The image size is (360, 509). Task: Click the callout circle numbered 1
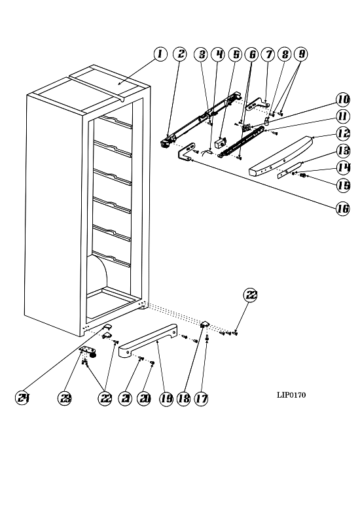click(160, 54)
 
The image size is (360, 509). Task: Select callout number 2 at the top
click(180, 54)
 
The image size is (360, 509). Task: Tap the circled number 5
click(235, 54)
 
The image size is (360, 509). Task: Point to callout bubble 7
click(268, 54)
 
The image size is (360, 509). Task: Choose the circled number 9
click(301, 54)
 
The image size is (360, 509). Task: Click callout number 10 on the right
click(343, 99)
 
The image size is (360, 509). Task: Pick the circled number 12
click(343, 133)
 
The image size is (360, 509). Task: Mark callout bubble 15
click(343, 185)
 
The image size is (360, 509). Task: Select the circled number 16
click(343, 209)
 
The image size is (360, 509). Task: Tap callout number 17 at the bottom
click(201, 398)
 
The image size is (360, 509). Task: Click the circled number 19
click(166, 398)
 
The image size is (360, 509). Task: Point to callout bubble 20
click(144, 398)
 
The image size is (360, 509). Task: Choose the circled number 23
click(65, 398)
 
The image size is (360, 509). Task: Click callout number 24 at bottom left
click(22, 398)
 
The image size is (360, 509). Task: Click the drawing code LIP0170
click(291, 395)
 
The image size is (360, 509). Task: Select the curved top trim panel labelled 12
click(281, 156)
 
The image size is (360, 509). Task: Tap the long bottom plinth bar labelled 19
click(148, 340)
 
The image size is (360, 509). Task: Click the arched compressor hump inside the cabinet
click(98, 273)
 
